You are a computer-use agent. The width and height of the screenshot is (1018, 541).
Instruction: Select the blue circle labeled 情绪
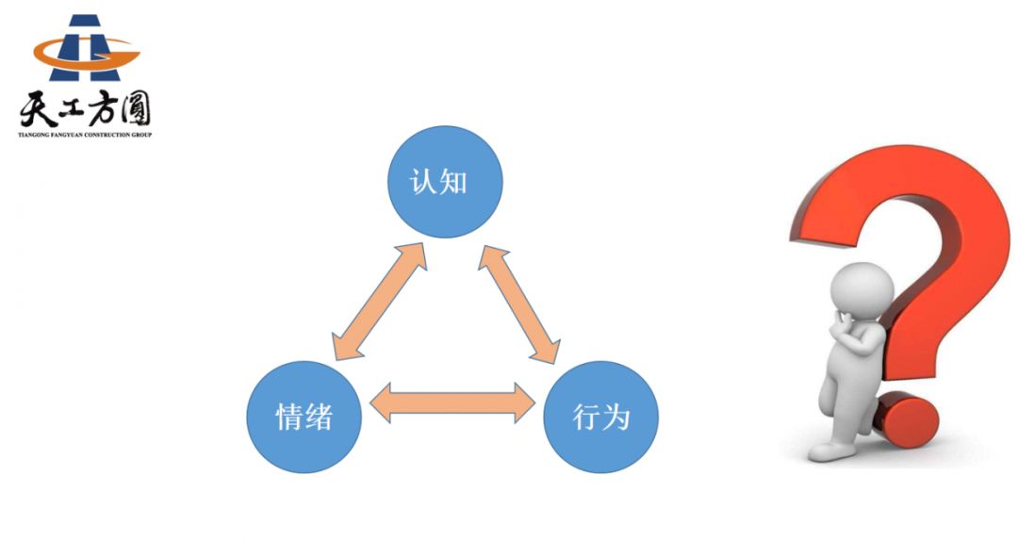pos(304,416)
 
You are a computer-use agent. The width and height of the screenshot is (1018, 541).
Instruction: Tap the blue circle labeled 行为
pos(600,416)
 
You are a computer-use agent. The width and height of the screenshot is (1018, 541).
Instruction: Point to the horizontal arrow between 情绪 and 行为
pos(452,402)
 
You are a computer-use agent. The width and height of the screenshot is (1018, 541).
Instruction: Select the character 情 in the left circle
pos(288,417)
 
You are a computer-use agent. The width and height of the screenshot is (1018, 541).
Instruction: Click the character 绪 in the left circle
pos(319,417)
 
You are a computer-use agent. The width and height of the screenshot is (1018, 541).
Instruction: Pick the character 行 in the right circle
pos(586,417)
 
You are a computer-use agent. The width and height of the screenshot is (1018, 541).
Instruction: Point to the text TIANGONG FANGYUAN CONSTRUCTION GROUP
pos(85,135)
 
